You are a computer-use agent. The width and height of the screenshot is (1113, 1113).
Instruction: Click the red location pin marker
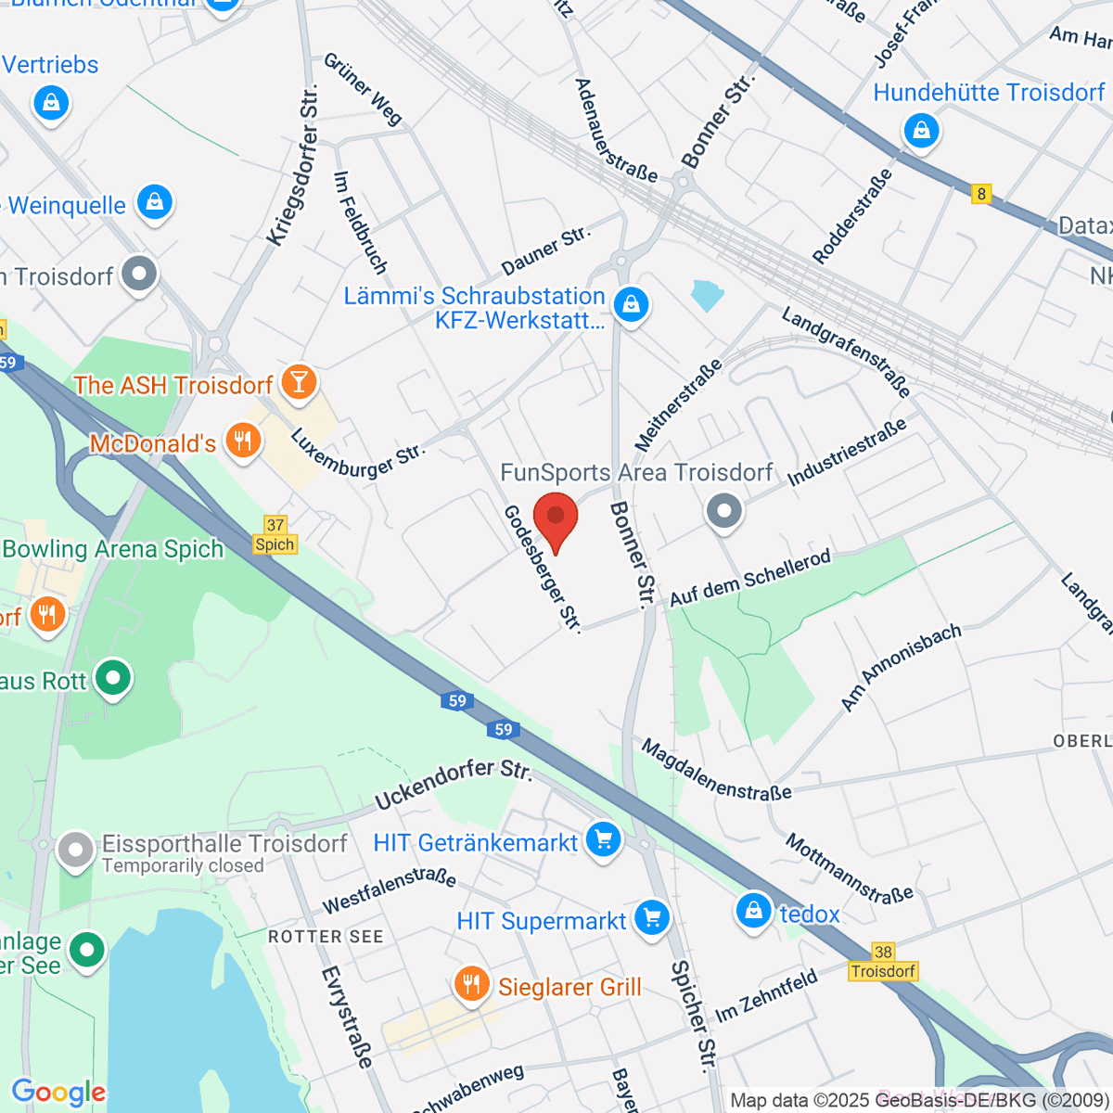(x=556, y=518)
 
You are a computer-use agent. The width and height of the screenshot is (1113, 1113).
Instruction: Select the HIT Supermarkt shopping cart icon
(x=652, y=919)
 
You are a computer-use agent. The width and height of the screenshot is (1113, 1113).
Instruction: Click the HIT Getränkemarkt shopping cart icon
(x=603, y=841)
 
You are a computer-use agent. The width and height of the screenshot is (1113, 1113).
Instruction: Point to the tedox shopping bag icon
(x=754, y=911)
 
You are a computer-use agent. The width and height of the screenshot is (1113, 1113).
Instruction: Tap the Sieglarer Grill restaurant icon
(x=472, y=984)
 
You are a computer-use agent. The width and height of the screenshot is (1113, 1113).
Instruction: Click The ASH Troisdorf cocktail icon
(x=299, y=381)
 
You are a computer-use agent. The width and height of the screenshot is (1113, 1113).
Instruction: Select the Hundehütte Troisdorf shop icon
(x=921, y=131)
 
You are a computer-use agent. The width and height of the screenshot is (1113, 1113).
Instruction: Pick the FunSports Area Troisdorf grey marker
(x=723, y=510)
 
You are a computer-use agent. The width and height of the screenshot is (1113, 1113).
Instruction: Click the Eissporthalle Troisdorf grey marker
(x=75, y=849)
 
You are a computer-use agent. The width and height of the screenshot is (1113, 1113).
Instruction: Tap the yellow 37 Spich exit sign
(x=275, y=535)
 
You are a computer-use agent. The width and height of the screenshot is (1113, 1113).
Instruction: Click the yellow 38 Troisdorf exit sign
(x=883, y=962)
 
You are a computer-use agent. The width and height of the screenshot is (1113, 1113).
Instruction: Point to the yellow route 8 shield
(x=981, y=194)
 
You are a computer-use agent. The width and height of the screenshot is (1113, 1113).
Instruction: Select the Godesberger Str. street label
(x=543, y=569)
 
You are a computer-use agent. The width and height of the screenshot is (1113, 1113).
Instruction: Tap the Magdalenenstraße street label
(x=716, y=770)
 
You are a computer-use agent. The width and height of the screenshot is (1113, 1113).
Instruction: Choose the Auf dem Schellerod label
(x=749, y=578)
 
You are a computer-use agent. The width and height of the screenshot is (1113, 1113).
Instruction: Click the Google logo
(x=58, y=1093)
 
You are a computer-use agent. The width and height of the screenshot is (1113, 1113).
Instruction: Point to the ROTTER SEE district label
(x=326, y=937)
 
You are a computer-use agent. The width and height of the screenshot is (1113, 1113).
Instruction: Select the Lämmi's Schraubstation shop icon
(x=632, y=303)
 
